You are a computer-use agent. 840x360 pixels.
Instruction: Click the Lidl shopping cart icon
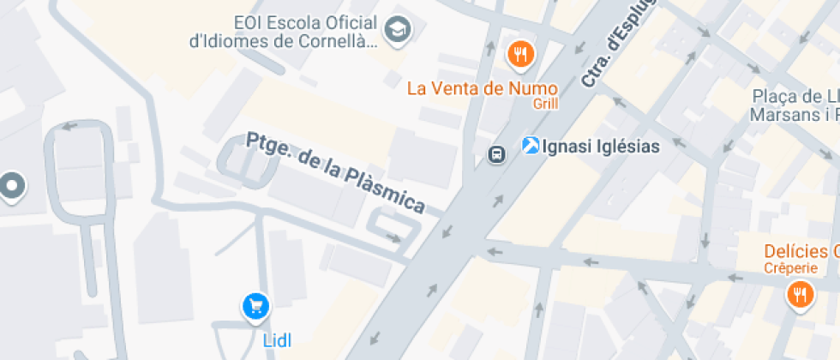pos(255,305)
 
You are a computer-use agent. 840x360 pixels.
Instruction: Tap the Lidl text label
pos(276,340)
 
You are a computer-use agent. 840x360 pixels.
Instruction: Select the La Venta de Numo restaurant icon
pos(520,56)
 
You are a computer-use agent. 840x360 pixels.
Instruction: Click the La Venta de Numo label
pos(482,88)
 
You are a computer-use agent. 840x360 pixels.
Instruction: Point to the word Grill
pos(545,104)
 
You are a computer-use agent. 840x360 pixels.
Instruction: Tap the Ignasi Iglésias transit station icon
pos(531,147)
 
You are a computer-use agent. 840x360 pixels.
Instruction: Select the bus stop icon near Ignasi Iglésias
pos(495,154)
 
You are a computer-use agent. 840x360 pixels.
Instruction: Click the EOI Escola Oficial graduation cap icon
pos(398,31)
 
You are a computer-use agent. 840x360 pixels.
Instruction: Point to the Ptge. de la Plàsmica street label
pos(335,172)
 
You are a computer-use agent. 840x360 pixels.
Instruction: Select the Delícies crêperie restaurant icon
pos(800,296)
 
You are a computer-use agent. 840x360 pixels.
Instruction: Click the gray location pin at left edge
pos(11,185)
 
